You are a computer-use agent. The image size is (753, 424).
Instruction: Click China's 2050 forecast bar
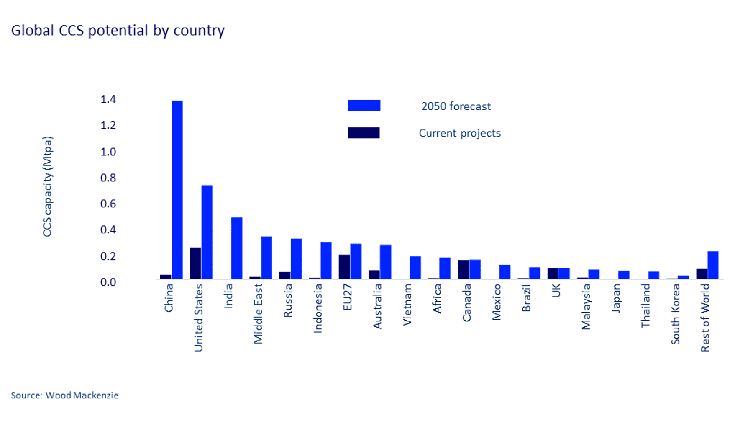(177, 189)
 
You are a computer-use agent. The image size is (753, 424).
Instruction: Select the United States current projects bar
(195, 263)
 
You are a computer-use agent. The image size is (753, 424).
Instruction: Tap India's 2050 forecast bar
(236, 248)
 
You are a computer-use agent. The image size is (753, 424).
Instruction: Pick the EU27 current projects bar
(344, 267)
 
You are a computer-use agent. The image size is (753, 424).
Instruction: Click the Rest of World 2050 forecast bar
(713, 265)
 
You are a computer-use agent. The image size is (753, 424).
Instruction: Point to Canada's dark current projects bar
(463, 269)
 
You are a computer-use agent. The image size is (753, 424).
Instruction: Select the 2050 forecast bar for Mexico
(505, 272)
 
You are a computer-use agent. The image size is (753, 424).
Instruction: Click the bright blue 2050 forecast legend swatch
(364, 105)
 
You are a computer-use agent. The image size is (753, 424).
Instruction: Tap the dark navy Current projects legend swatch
(364, 133)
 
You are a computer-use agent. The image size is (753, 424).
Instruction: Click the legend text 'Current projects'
(459, 133)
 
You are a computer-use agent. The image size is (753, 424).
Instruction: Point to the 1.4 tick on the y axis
(108, 99)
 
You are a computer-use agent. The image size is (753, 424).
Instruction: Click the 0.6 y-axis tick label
(108, 204)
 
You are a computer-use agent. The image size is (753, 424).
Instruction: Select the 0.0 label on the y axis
(108, 282)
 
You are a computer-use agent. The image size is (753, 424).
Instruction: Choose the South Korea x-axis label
(675, 314)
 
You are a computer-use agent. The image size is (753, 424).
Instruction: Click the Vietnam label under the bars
(407, 305)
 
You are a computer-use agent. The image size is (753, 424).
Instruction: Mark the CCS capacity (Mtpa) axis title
(47, 186)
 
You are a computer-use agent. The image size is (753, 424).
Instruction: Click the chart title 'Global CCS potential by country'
(118, 31)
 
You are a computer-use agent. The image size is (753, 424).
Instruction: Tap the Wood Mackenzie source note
(64, 395)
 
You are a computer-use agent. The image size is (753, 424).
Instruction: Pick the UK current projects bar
(553, 273)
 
